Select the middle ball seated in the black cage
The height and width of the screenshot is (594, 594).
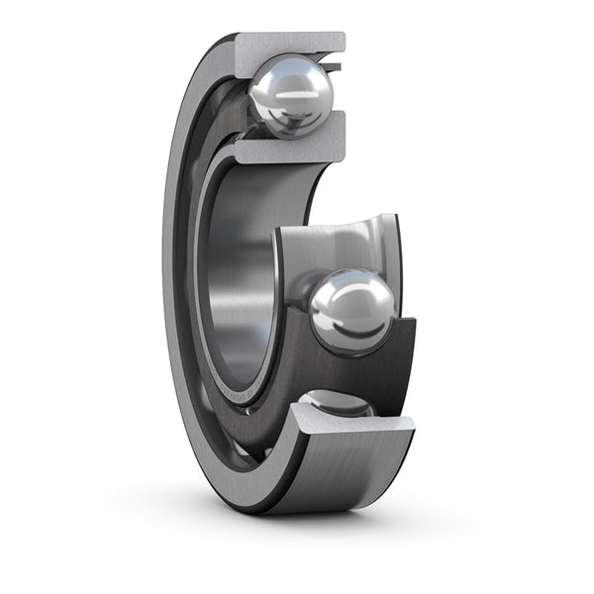coord(351,311)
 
